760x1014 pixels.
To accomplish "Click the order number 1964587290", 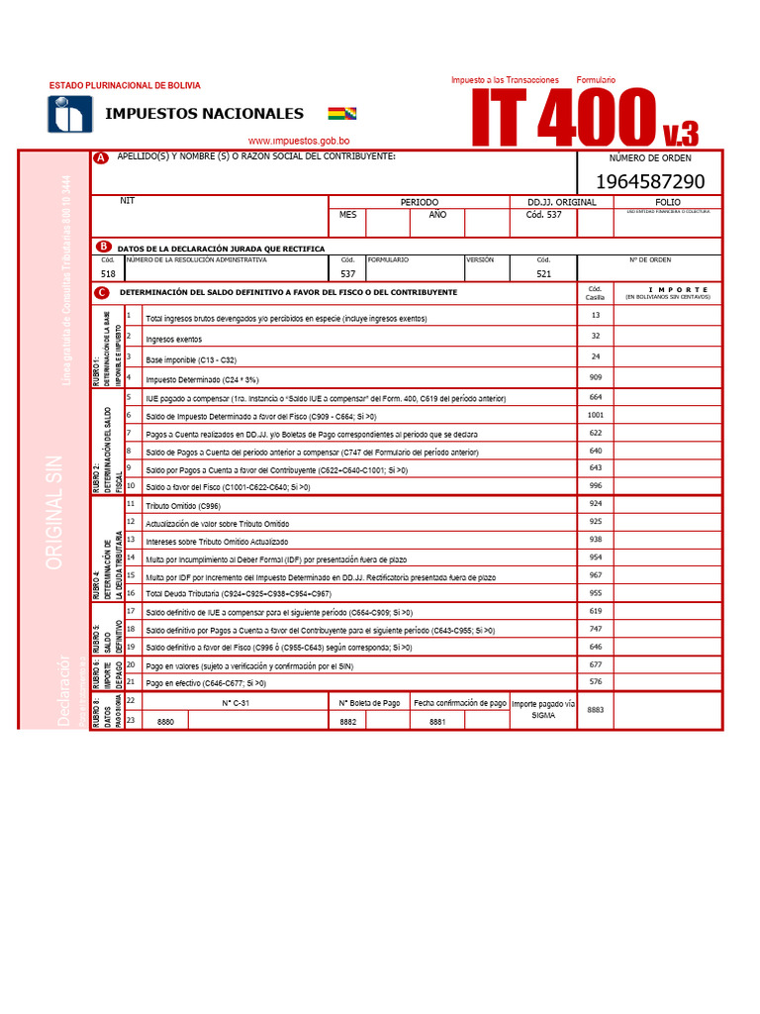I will (650, 181).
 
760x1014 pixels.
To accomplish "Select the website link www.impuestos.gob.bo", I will (298, 142).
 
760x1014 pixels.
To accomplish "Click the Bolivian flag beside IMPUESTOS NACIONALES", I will (342, 114).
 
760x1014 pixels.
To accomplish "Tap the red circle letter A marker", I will (101, 158).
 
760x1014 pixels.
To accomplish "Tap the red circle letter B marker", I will (103, 247).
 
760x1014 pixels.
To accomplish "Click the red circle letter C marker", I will (102, 293).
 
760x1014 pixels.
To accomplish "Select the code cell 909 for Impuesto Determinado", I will (595, 377).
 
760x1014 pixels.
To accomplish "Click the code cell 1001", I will (595, 415).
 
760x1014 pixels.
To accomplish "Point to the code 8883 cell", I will (595, 710).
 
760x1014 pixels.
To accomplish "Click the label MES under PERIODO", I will (347, 214).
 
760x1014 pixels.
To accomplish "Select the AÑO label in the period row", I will (437, 214).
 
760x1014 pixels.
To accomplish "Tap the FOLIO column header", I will (668, 202).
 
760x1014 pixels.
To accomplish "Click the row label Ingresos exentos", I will (173, 339).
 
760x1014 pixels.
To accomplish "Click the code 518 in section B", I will (108, 274).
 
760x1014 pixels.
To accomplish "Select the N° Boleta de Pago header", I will (369, 703).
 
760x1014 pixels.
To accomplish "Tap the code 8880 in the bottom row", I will (165, 722).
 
